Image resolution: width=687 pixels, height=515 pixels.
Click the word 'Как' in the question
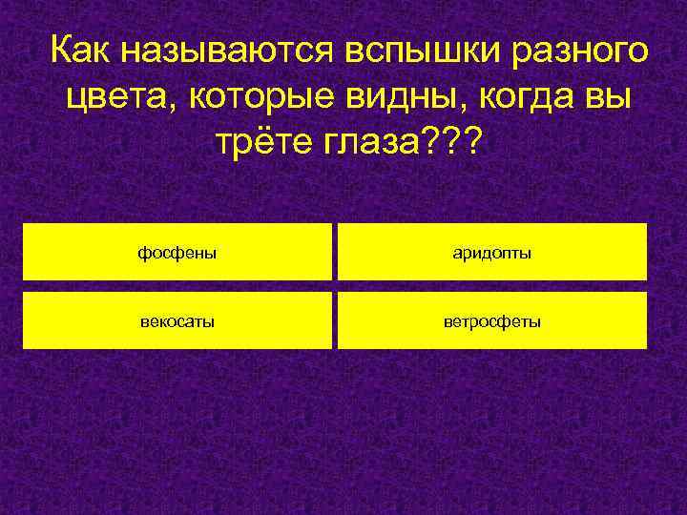(x=81, y=49)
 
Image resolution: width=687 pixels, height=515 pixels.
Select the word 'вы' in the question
(x=610, y=96)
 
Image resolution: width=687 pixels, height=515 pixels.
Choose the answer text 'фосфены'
(x=177, y=253)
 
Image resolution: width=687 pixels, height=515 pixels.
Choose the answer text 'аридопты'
(x=492, y=253)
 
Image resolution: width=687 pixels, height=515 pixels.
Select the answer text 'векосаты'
(x=177, y=321)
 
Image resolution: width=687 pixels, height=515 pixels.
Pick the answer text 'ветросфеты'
(x=492, y=321)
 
